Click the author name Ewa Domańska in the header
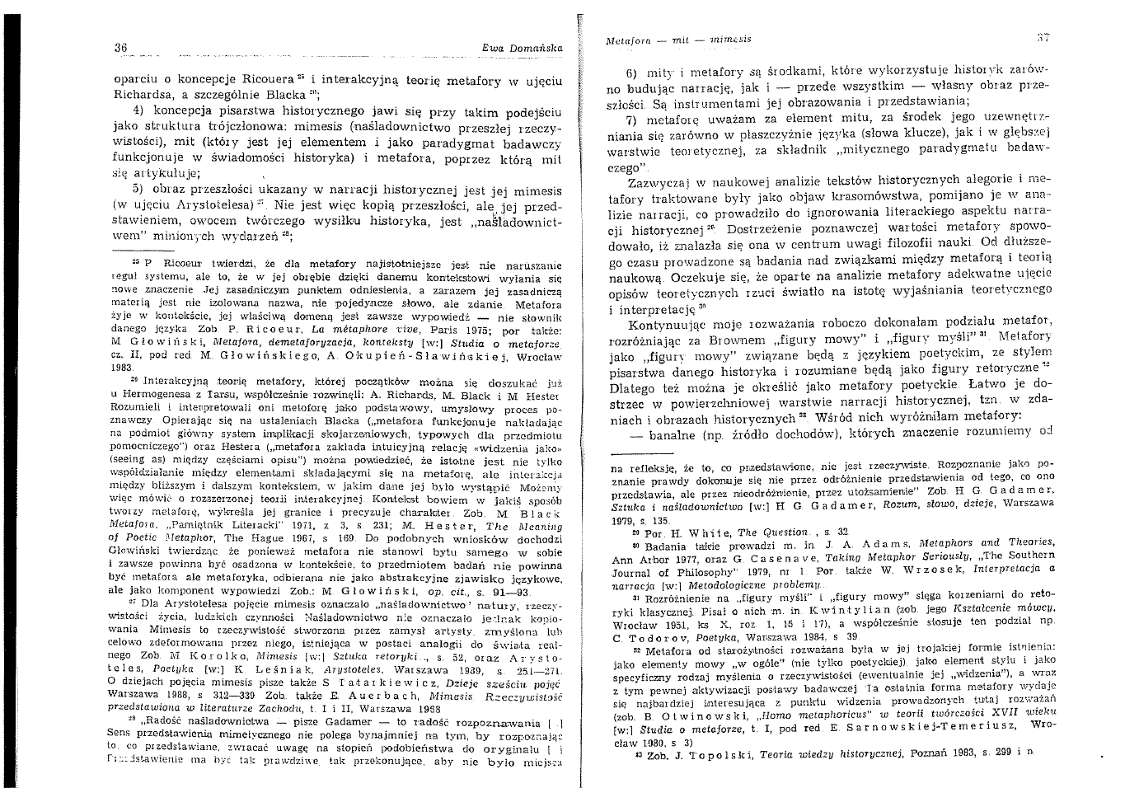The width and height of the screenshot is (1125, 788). [523, 49]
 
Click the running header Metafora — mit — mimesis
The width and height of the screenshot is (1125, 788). [678, 39]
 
